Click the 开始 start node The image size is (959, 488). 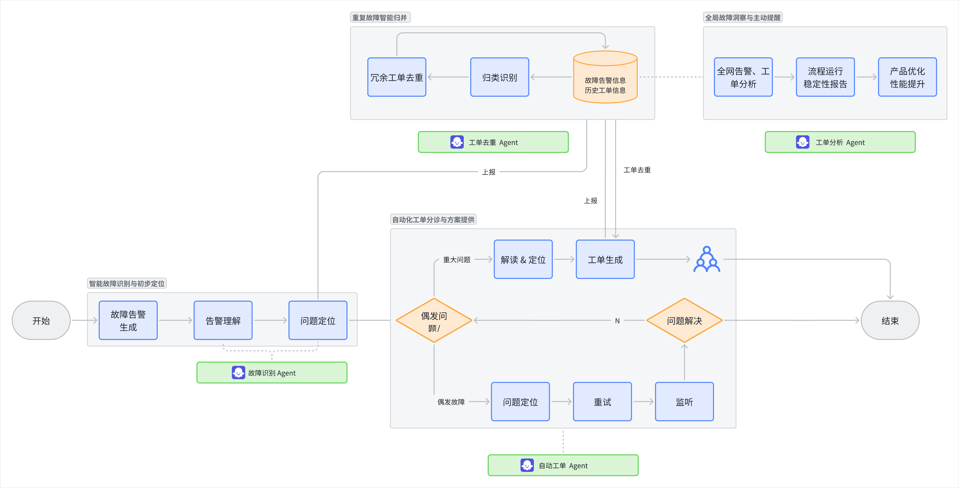(41, 320)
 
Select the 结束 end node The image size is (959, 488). (890, 320)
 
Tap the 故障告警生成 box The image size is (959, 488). (128, 320)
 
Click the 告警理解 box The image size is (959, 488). (223, 320)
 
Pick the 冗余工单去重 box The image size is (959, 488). (397, 77)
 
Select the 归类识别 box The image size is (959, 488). (500, 77)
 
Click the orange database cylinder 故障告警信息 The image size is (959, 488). (605, 77)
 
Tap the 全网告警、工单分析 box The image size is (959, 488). (743, 77)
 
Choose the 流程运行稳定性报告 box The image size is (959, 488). (825, 77)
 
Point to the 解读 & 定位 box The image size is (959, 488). (523, 259)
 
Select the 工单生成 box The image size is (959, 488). (605, 259)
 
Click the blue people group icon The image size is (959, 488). (707, 259)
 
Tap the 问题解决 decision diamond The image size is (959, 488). (684, 320)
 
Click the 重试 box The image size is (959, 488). (602, 402)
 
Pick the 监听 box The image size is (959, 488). (684, 402)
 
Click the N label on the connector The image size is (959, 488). (617, 321)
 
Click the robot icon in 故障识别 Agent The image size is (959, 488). (238, 372)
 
